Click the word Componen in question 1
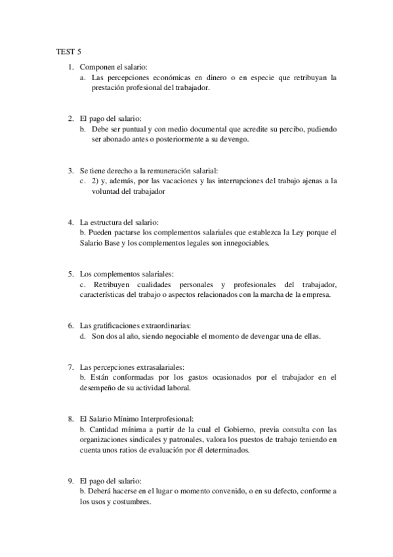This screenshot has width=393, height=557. [94, 67]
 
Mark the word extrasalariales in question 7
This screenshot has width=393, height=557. [154, 367]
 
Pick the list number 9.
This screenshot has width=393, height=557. [70, 481]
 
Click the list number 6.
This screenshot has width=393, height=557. [70, 325]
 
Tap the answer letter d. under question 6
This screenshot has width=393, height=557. [83, 336]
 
